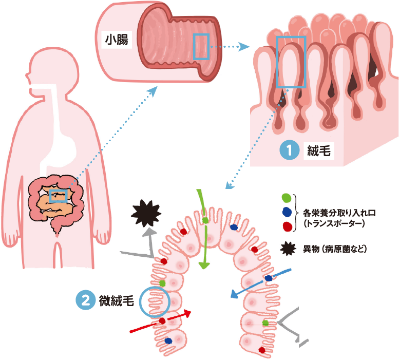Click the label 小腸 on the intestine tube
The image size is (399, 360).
117,39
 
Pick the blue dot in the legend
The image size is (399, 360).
287,212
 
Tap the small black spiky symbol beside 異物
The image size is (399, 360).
288,249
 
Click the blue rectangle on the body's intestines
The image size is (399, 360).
58,196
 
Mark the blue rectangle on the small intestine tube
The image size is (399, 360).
201,47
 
